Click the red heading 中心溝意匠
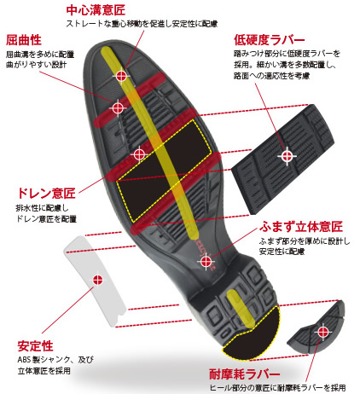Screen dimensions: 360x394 coord(96,10)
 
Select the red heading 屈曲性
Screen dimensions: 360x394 coord(24,40)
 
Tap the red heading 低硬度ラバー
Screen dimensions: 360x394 coord(270,40)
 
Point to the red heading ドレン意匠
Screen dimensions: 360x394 coord(46,194)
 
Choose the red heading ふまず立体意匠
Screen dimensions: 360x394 coord(301,227)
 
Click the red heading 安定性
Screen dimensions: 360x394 coord(35,346)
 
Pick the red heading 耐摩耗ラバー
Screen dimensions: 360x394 coord(245,374)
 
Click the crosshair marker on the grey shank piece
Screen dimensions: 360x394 coord(98,280)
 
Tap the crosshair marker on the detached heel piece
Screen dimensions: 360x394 coord(322,331)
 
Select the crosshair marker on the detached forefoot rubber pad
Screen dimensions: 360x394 coord(287,156)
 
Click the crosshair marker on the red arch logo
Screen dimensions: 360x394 coord(206,262)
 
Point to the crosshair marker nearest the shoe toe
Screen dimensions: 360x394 coord(121,76)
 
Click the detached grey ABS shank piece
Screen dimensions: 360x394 coord(95,281)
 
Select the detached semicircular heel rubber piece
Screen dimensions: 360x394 coord(316,327)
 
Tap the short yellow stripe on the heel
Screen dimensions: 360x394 coord(241,309)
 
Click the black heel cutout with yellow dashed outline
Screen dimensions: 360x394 coord(252,333)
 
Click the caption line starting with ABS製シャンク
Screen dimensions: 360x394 coord(55,360)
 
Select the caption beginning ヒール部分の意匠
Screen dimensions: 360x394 coord(277,387)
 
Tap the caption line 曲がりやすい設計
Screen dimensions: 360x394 coord(37,65)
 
